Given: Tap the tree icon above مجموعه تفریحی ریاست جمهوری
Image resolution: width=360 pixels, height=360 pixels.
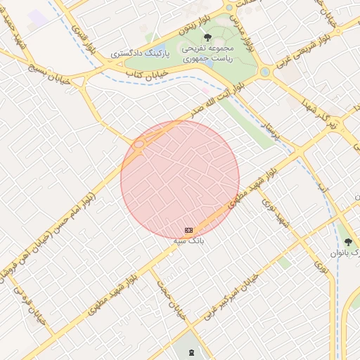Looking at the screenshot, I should click(x=207, y=37).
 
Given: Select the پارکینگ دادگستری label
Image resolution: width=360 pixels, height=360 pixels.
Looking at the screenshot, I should click(x=139, y=54).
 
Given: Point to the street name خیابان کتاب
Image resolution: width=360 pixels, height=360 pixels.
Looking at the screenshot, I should click(x=145, y=75).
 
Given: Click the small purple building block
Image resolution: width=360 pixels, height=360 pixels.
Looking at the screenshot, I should click(x=39, y=18).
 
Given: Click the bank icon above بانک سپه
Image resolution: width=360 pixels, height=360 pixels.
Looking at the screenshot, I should click(x=188, y=230).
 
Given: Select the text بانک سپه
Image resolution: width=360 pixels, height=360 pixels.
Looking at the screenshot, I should click(x=188, y=240).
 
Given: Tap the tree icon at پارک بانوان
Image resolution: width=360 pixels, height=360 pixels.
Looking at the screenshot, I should click(x=348, y=242).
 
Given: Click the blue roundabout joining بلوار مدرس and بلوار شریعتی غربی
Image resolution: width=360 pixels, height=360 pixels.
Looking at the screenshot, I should click(x=265, y=72).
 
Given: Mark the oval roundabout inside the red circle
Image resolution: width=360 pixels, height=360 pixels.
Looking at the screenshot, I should click(x=139, y=144).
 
